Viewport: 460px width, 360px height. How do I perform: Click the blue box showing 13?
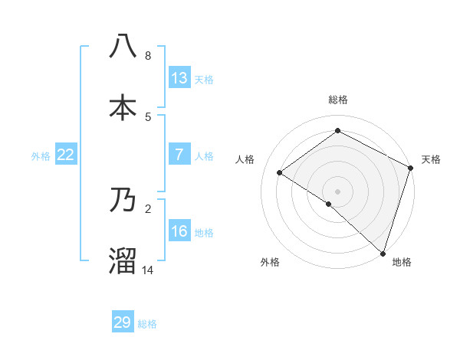[179, 77]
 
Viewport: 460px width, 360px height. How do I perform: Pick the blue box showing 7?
[179, 154]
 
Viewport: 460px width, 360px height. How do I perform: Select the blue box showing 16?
[179, 231]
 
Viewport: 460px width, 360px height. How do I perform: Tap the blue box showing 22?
[66, 155]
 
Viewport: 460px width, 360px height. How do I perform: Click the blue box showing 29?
[123, 322]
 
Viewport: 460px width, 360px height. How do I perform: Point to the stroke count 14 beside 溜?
[148, 270]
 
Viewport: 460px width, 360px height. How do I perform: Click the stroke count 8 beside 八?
[147, 56]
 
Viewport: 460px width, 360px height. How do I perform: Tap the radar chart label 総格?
[337, 100]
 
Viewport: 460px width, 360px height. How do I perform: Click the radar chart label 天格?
[431, 159]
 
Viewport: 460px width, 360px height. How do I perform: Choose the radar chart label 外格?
[270, 262]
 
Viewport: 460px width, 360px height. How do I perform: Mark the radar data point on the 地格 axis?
[383, 253]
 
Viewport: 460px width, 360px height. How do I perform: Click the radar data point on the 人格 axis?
[280, 172]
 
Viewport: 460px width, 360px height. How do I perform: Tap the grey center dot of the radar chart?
[337, 191]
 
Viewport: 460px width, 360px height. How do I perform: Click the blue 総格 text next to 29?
[147, 324]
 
